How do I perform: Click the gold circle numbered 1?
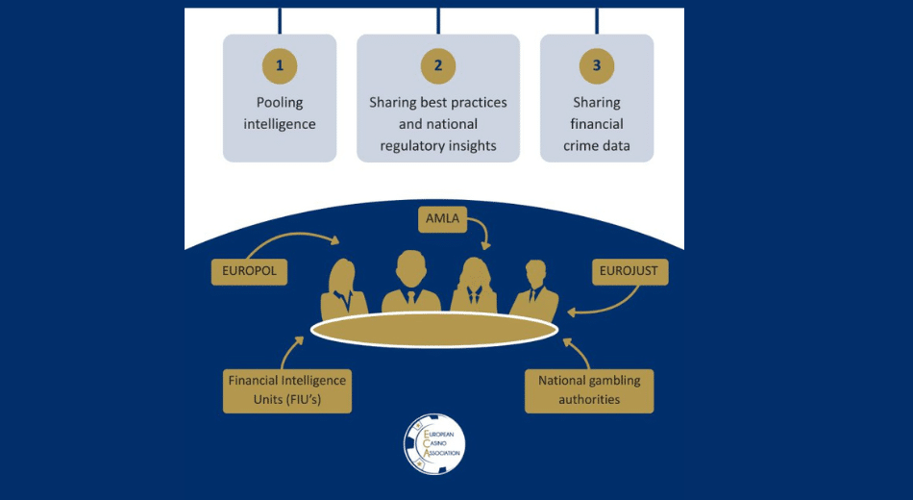[280, 66]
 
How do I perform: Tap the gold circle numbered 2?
[438, 66]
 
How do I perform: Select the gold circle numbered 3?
[597, 66]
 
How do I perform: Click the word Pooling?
[280, 102]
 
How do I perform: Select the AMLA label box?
[443, 218]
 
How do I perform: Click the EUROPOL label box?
[249, 271]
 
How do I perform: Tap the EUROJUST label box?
[629, 271]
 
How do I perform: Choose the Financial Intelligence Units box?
[286, 389]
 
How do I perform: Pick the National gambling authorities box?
[589, 389]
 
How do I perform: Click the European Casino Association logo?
[434, 444]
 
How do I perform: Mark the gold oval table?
[434, 329]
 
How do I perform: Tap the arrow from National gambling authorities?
[578, 350]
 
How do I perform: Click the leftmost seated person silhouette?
[343, 288]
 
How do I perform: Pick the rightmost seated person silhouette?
[534, 289]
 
